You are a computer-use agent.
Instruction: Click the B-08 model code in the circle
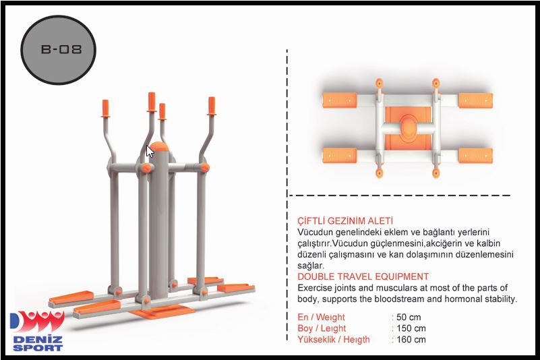click(x=61, y=49)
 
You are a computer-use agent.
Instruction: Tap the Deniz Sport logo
click(x=37, y=331)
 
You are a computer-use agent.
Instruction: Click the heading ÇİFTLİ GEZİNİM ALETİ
click(x=345, y=221)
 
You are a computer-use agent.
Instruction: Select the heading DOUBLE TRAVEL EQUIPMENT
click(x=363, y=276)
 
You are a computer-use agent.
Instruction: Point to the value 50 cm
click(x=409, y=317)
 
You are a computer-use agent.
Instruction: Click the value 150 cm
click(x=411, y=328)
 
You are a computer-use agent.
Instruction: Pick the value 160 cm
click(x=411, y=339)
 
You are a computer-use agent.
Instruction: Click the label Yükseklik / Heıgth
click(x=333, y=340)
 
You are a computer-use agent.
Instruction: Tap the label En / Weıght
click(x=321, y=318)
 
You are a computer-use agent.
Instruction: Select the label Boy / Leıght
click(x=322, y=328)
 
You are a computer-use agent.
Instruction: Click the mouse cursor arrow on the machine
click(x=150, y=151)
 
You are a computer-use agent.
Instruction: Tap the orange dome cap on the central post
click(x=158, y=146)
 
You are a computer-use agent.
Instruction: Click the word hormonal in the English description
click(x=464, y=299)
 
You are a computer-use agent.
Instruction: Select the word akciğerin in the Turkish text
click(x=446, y=243)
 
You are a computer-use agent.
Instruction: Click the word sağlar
click(x=311, y=266)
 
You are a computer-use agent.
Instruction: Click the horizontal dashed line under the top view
click(x=400, y=196)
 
